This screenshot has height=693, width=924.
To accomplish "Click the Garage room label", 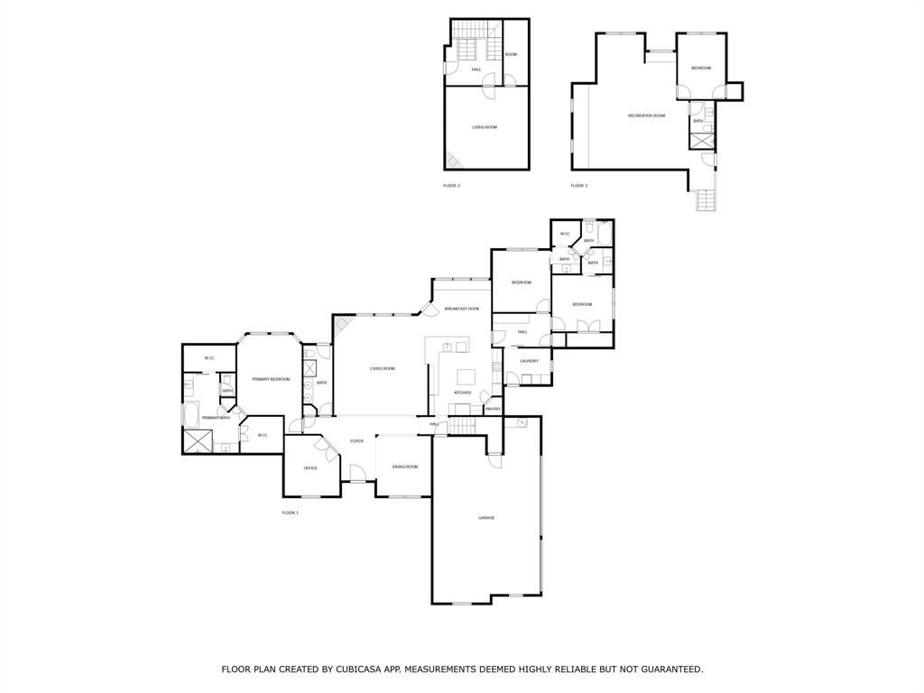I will tap(486, 517).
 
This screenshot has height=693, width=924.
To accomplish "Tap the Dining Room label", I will tap(405, 467).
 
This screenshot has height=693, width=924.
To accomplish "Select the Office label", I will tap(310, 468).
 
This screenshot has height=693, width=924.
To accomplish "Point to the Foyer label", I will tap(357, 441).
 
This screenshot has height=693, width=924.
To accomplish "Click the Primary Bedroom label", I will tap(271, 379).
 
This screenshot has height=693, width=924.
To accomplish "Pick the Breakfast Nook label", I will tap(461, 309).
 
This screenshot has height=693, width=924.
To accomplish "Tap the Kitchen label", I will tap(463, 393).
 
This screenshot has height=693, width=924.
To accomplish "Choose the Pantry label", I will tap(493, 409).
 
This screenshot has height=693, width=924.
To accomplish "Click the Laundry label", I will tap(529, 361).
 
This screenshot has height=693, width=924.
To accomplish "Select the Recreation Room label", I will tap(646, 115).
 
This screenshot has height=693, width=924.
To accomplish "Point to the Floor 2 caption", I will tap(451, 186).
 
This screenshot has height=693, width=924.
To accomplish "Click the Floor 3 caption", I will tap(578, 186).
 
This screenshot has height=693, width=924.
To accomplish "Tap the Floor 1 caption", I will tap(290, 513).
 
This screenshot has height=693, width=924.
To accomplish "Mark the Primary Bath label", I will tap(216, 418).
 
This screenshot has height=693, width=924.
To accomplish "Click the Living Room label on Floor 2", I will tap(485, 127).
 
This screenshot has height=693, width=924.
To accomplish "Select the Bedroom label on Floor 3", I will tap(701, 69).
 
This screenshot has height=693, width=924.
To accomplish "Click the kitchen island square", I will tap(467, 376).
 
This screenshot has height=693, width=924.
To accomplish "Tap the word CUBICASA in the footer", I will tap(362, 670).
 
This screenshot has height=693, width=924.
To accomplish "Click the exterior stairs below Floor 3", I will tap(707, 201).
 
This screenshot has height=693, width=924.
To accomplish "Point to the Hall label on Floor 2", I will tap(476, 69).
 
